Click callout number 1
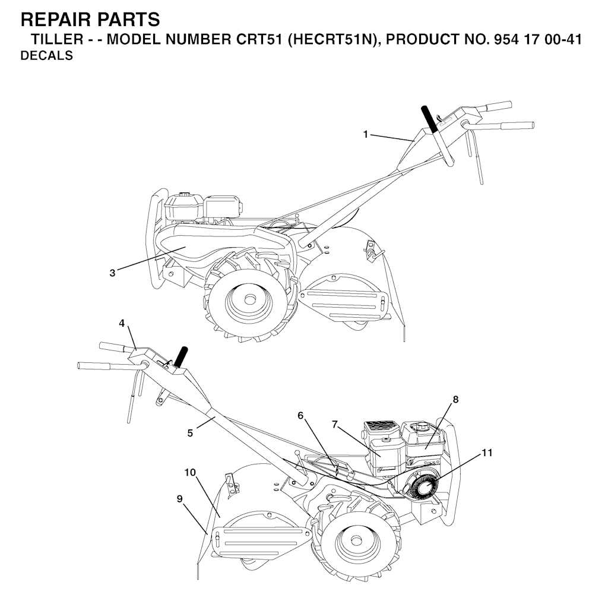pos(365,134)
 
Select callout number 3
pos(112,273)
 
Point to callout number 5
pos(190,433)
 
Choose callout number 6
pos(300,416)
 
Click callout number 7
pos(335,425)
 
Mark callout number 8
pos(455,399)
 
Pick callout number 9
pos(179,499)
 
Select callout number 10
pos(190,473)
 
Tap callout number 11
pos(487,453)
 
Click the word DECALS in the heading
pos(46,56)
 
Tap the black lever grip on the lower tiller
pos(180,356)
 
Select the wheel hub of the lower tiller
pos(356,542)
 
